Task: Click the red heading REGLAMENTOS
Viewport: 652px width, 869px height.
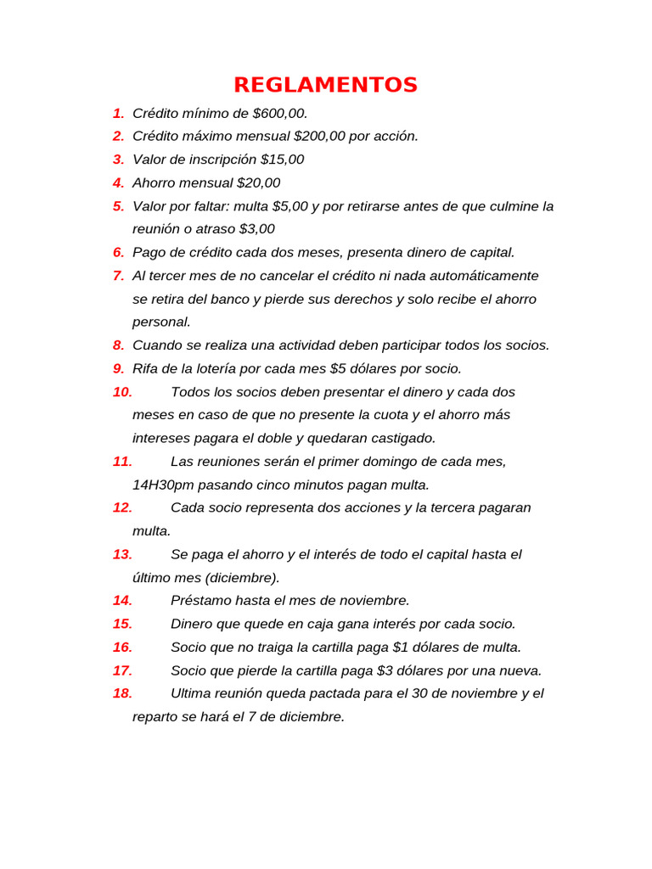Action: [325, 85]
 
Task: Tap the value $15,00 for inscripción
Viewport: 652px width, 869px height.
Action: [282, 160]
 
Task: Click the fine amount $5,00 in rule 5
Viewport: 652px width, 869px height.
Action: [290, 206]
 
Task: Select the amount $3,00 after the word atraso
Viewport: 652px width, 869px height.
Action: [256, 229]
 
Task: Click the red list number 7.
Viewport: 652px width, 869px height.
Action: [118, 276]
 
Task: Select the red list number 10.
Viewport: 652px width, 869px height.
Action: [122, 392]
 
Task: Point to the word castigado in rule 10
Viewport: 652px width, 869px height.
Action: [402, 438]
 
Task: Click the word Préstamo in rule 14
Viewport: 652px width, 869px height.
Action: [200, 600]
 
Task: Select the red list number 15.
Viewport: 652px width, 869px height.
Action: [122, 624]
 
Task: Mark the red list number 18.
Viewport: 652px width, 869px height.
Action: [122, 693]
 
